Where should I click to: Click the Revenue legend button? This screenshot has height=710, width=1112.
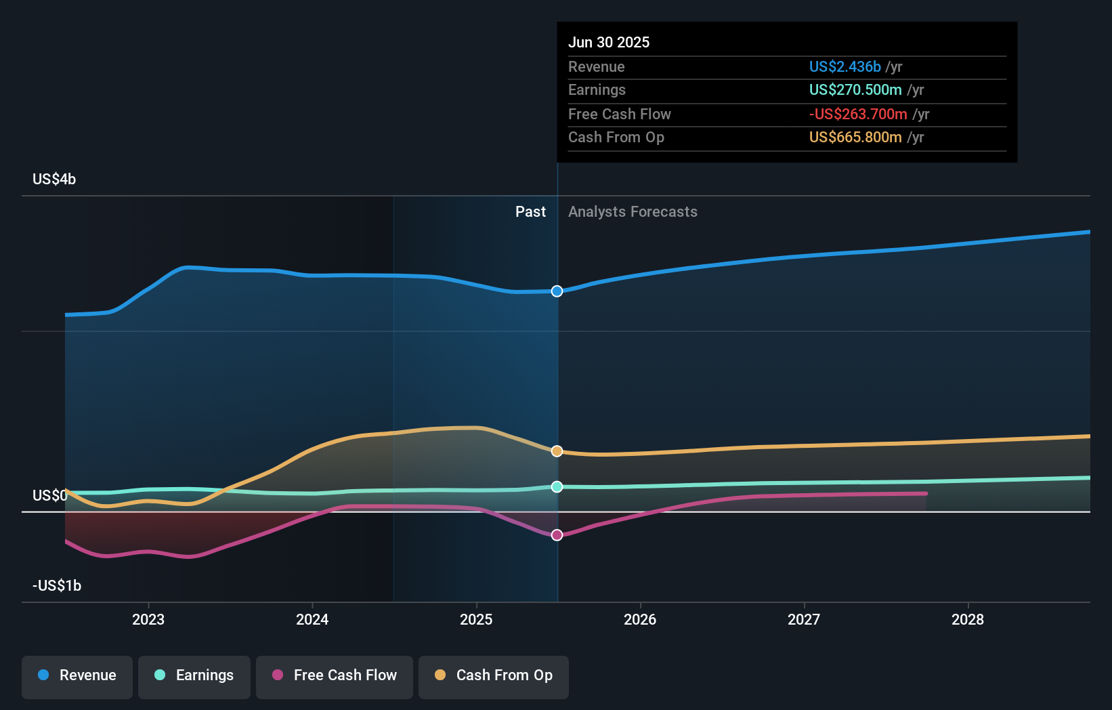coord(77,675)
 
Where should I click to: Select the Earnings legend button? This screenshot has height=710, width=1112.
coord(194,675)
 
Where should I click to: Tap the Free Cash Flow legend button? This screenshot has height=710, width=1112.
coord(335,675)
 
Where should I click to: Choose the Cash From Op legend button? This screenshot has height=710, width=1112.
coord(494,675)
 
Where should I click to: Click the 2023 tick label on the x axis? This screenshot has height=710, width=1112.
coord(148,619)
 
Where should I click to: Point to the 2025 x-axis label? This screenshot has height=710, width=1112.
coord(476,619)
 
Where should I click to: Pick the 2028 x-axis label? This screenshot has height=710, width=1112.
coord(968,619)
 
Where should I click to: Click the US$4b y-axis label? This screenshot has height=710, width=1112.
coord(54,179)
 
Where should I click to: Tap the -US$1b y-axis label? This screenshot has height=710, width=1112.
coord(57,585)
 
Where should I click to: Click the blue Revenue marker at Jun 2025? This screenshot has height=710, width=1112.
coord(557,291)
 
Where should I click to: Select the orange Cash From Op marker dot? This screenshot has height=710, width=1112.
coord(557,451)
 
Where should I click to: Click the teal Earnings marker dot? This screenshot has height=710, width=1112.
coord(557,486)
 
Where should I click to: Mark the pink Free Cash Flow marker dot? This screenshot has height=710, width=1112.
coord(557,535)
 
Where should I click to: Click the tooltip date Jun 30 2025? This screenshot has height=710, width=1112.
coord(608,42)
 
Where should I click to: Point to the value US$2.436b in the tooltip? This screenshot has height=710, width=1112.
coord(844,66)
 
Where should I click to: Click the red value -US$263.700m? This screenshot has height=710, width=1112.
coord(857,114)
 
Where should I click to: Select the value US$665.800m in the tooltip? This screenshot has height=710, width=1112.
coord(855,137)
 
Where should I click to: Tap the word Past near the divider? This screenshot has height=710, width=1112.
coord(530,211)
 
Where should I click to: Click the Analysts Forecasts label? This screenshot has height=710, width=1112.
coord(633,211)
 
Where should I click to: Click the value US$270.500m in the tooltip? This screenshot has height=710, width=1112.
coord(855,89)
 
